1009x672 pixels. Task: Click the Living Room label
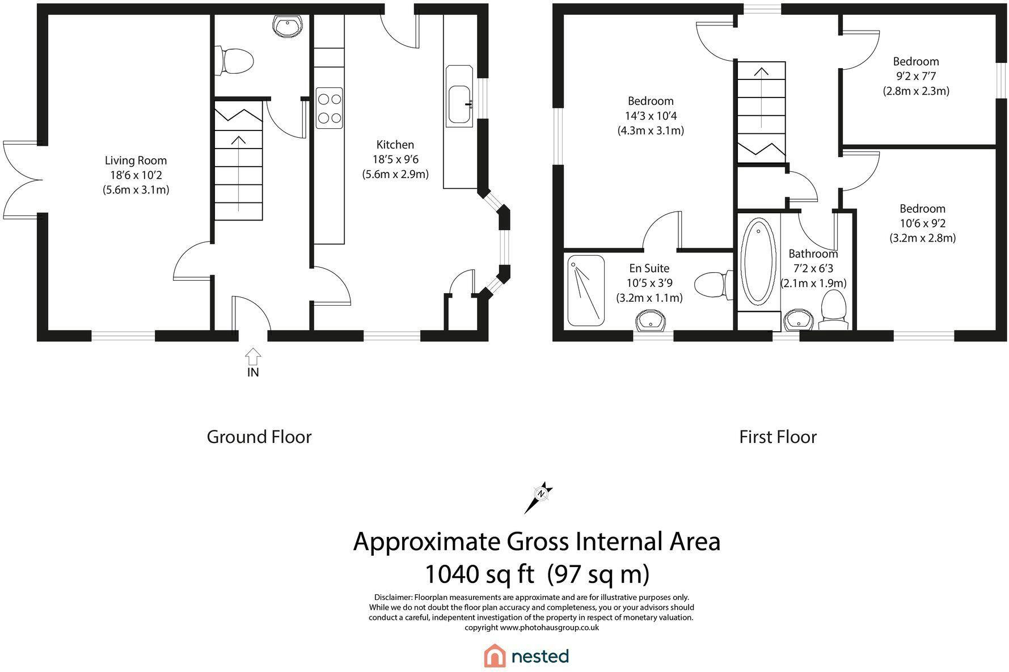click(136, 160)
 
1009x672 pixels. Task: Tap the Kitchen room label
click(395, 145)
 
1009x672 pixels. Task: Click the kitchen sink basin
click(459, 105)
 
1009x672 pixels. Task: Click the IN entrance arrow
click(253, 357)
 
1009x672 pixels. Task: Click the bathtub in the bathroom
click(757, 262)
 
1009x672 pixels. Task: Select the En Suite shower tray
click(586, 290)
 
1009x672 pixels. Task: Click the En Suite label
click(649, 268)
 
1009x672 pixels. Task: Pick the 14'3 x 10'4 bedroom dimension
click(651, 116)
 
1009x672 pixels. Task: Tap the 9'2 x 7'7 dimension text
click(915, 76)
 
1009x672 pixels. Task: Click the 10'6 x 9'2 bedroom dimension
click(922, 223)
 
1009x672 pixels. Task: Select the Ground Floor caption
click(259, 437)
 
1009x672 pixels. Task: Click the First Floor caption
click(778, 437)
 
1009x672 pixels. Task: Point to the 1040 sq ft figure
click(479, 574)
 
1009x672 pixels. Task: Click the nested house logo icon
click(495, 656)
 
